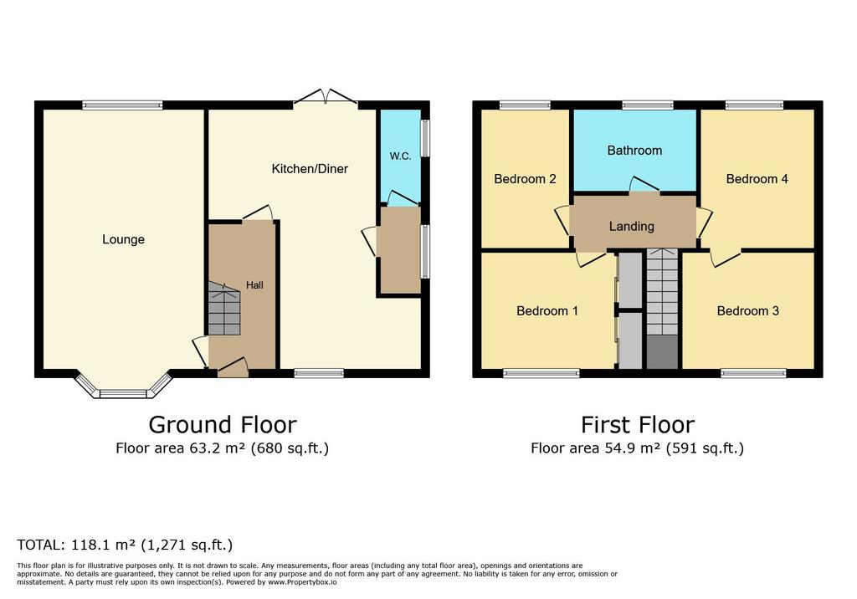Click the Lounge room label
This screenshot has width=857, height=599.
(124, 239)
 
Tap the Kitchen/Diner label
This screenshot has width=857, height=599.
(310, 169)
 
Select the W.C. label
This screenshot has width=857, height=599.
(400, 156)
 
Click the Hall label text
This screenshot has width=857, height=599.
(254, 285)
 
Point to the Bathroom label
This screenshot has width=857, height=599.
(634, 151)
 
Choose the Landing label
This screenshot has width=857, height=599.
(632, 226)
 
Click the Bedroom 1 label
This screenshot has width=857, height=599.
(547, 311)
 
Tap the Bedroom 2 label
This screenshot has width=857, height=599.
(525, 179)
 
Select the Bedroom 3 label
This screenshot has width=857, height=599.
(747, 311)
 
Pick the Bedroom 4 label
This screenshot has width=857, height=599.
(757, 179)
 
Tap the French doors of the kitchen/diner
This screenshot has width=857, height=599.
(326, 97)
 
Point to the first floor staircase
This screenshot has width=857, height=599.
(663, 309)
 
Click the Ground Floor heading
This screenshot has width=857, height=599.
(223, 425)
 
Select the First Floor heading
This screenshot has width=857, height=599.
(637, 425)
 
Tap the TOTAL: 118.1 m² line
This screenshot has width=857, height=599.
(125, 545)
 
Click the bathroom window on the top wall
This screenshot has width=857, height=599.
(648, 105)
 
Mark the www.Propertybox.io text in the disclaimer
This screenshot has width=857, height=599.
(302, 582)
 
